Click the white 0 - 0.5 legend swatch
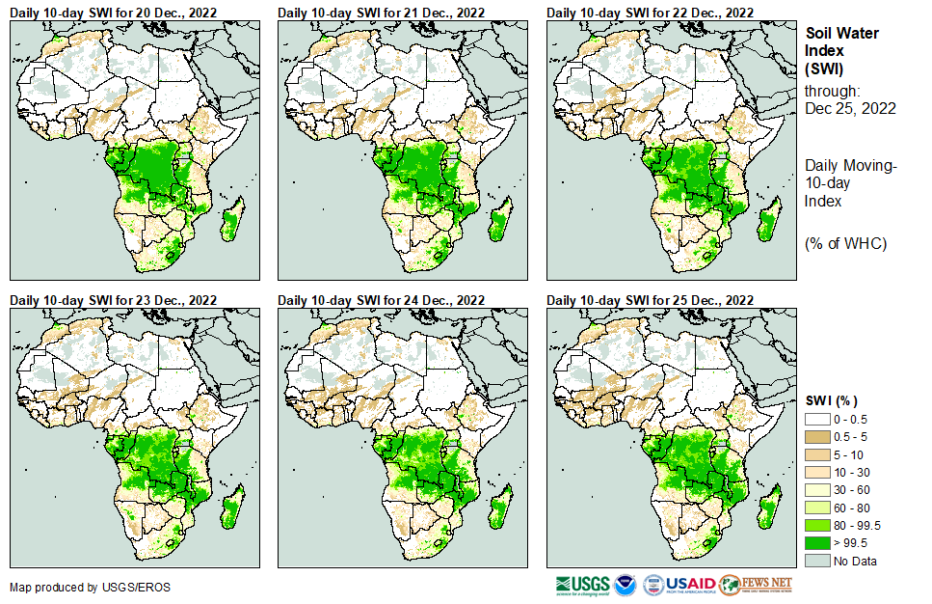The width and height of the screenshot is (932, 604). pyautogui.click(x=817, y=419)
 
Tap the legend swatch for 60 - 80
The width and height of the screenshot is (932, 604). pyautogui.click(x=817, y=508)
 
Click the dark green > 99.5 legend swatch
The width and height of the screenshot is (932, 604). pyautogui.click(x=817, y=543)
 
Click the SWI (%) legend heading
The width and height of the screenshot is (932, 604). pyautogui.click(x=831, y=400)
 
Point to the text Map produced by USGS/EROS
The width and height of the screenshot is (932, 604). pyautogui.click(x=78, y=587)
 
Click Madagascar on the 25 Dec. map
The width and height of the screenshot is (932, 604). pyautogui.click(x=768, y=508)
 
